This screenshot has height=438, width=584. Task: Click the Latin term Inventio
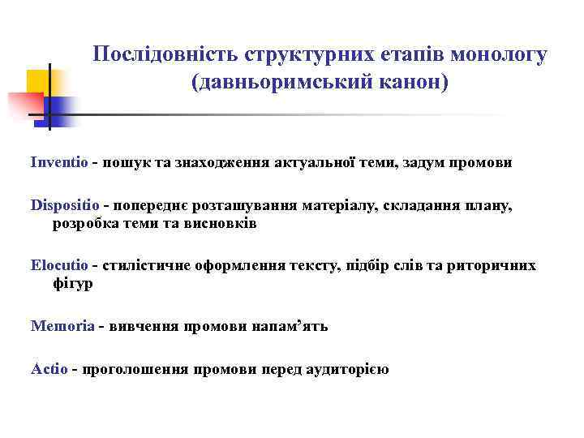point(59,162)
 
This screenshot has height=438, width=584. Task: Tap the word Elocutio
point(60,265)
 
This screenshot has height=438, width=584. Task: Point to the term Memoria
point(62,326)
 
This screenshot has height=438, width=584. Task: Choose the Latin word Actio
point(49,369)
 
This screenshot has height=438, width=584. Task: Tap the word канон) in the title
point(414,83)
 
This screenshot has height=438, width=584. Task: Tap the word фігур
point(72,284)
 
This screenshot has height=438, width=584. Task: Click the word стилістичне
point(148,265)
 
